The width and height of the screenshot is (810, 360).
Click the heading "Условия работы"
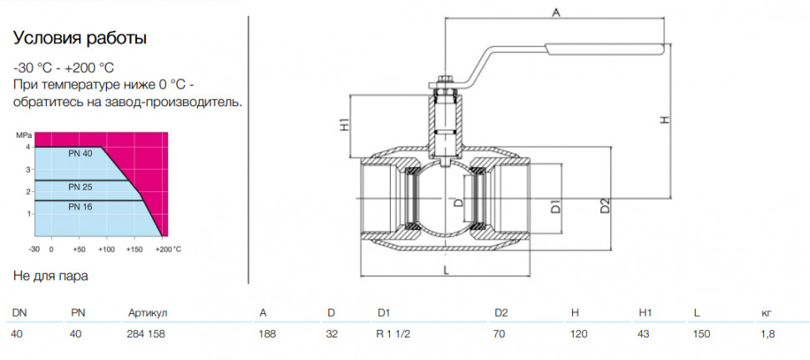point(79,38)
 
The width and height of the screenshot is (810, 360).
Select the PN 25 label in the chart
point(80,187)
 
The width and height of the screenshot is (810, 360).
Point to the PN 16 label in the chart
point(80,206)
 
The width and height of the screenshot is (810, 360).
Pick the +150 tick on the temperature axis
point(134,250)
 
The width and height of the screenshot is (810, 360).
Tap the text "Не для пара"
point(51,276)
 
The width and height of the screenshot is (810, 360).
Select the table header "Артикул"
point(149,313)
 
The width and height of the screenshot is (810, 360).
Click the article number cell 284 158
point(145,334)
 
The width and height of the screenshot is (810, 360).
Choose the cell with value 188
point(267,334)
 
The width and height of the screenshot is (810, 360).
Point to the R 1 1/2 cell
point(394,334)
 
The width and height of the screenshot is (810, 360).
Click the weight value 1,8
point(768,334)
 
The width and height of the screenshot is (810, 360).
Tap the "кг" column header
point(767,313)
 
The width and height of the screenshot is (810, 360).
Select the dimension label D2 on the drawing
point(605,205)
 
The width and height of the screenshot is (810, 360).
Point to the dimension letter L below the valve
point(446,269)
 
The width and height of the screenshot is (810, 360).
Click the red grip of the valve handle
point(604,49)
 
